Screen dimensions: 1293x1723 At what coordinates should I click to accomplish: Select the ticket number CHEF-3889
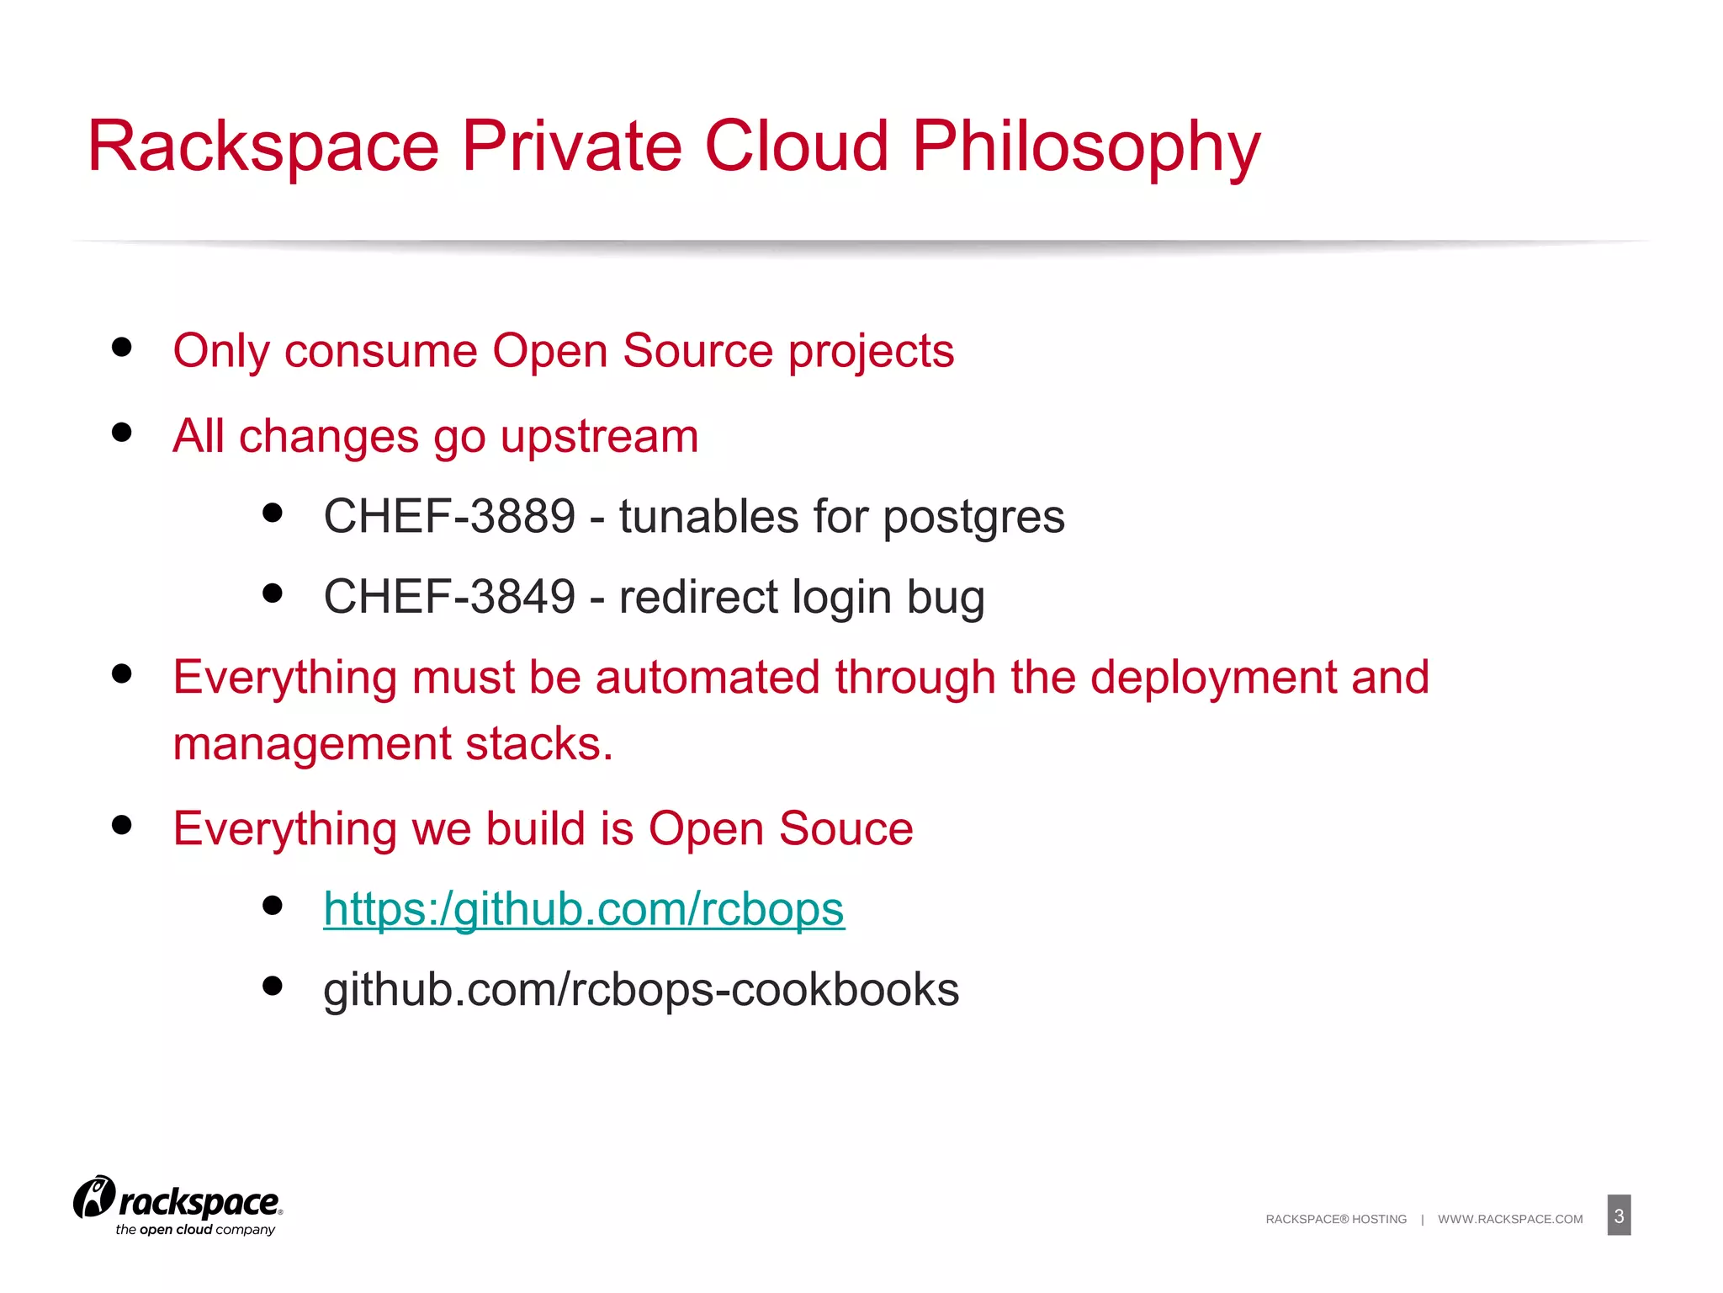pos(449,516)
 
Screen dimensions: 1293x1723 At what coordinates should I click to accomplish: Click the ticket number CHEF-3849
pos(449,597)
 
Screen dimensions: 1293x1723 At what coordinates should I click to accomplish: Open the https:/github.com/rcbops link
pos(583,909)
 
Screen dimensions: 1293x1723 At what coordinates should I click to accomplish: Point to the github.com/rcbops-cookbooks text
pos(641,989)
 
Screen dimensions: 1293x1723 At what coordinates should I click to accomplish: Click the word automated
pos(707,678)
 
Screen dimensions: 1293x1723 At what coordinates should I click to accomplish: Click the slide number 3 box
pos(1619,1216)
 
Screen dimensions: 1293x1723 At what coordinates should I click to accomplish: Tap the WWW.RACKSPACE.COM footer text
pos(1510,1219)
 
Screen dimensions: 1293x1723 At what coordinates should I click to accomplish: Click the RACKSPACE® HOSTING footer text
pos(1336,1219)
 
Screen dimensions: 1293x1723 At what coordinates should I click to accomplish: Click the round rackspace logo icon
pos(94,1197)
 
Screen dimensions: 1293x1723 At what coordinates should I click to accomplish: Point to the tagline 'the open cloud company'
pos(195,1230)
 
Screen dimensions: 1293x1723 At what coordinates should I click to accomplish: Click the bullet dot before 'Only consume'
pos(122,347)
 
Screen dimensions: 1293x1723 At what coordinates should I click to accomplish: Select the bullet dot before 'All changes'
pos(122,433)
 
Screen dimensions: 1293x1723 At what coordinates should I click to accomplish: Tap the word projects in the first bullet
pos(871,352)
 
